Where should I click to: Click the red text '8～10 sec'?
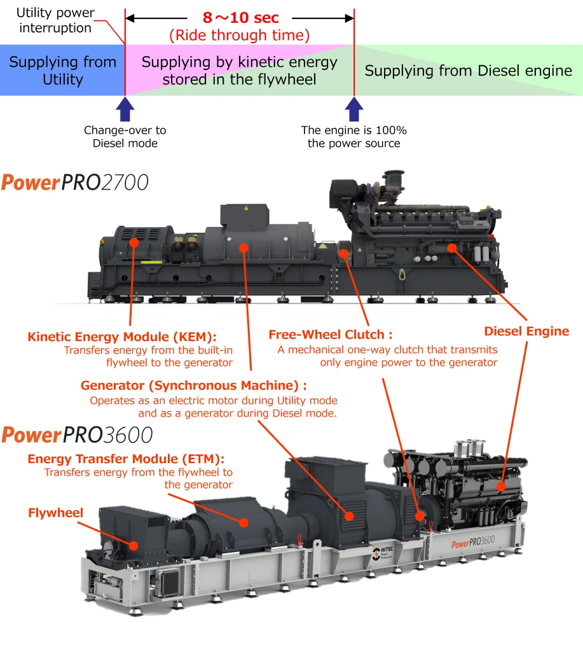(240, 18)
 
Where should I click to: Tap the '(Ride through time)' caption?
(240, 36)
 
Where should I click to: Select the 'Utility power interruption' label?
(55, 20)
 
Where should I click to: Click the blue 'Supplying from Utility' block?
(62, 71)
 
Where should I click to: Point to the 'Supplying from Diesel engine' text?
(469, 71)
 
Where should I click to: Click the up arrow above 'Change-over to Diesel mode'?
(125, 108)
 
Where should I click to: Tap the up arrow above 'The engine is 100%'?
(353, 108)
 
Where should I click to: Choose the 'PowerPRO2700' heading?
(75, 183)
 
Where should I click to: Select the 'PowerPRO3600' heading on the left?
(77, 435)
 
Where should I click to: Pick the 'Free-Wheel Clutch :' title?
(331, 335)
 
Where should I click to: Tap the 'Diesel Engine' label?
(526, 331)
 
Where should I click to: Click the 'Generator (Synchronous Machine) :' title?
(194, 385)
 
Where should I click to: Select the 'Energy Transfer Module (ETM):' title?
(126, 459)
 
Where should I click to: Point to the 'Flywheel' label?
(55, 513)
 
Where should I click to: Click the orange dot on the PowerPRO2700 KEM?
(134, 242)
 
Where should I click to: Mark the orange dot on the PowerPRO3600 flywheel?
(134, 545)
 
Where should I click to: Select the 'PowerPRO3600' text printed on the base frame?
(473, 543)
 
